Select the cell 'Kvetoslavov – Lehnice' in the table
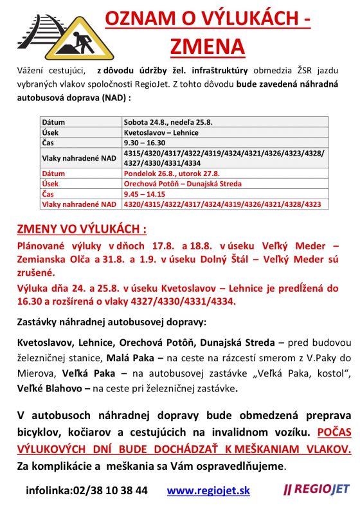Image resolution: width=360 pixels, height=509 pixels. pyautogui.click(x=161, y=132)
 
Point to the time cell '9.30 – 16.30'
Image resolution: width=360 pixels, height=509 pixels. pyautogui.click(x=144, y=143)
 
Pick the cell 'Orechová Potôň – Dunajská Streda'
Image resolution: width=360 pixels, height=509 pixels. pyautogui.click(x=183, y=184)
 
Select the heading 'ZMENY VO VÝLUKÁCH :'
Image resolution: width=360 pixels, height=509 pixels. pyautogui.click(x=82, y=229)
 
